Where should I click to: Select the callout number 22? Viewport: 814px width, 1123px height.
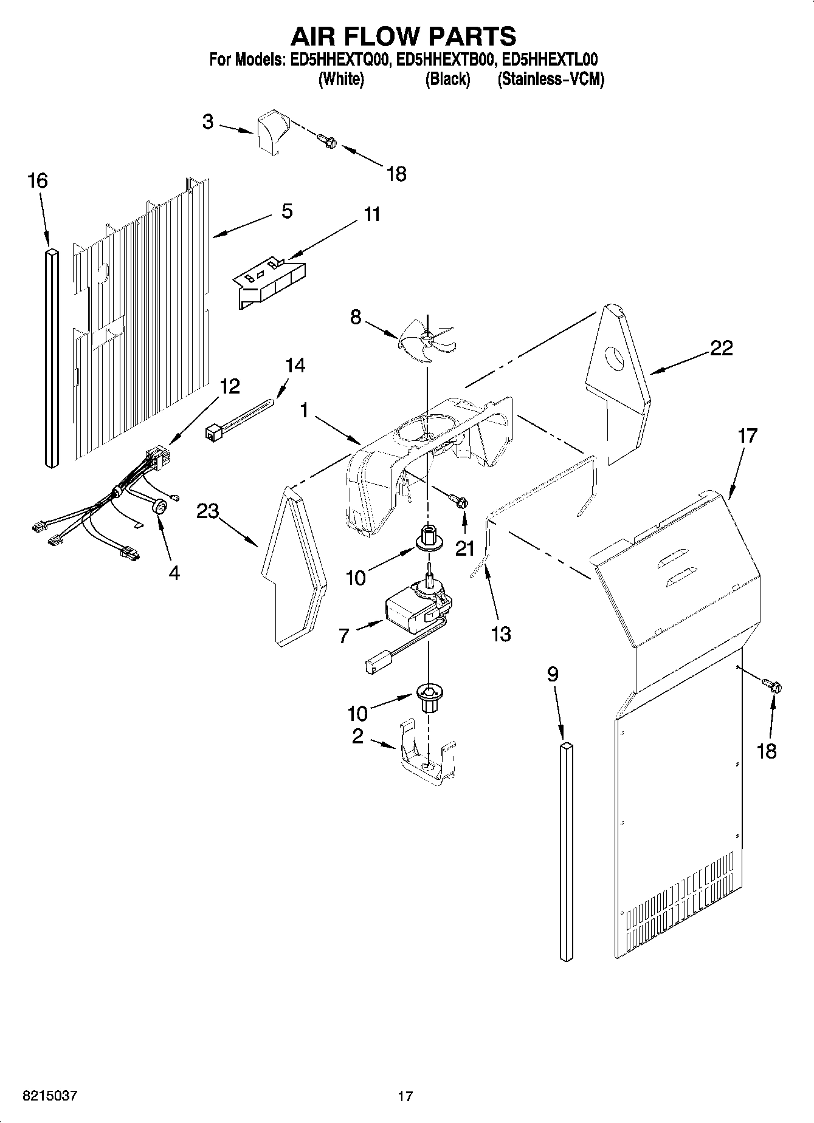(721, 349)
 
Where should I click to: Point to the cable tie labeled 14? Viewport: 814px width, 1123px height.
(241, 419)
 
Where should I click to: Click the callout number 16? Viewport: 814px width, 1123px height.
(38, 181)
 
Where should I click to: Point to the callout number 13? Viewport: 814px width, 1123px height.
(501, 634)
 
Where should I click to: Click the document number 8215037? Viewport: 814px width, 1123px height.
(50, 1096)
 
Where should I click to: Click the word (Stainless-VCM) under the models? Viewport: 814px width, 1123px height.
(551, 80)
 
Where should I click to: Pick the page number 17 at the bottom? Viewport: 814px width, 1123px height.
(405, 1096)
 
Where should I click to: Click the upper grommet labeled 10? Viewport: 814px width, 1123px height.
(428, 538)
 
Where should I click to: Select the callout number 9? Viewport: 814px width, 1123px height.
(552, 674)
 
